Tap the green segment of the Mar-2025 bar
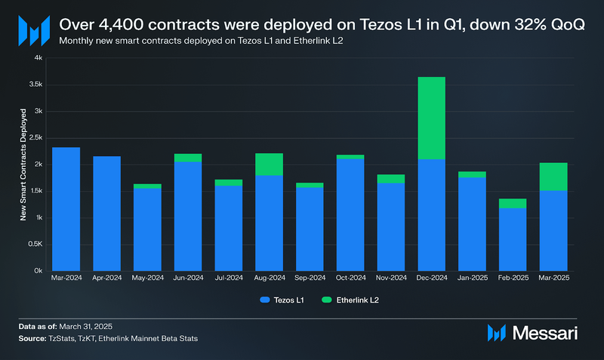(553, 177)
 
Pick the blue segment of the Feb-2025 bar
(513, 239)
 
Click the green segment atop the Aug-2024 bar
(270, 165)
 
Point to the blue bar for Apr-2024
(107, 214)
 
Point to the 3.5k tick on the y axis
(35, 85)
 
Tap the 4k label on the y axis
(38, 58)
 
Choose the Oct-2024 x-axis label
(350, 278)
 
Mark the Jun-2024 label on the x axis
(188, 278)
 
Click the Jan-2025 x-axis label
(472, 278)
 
